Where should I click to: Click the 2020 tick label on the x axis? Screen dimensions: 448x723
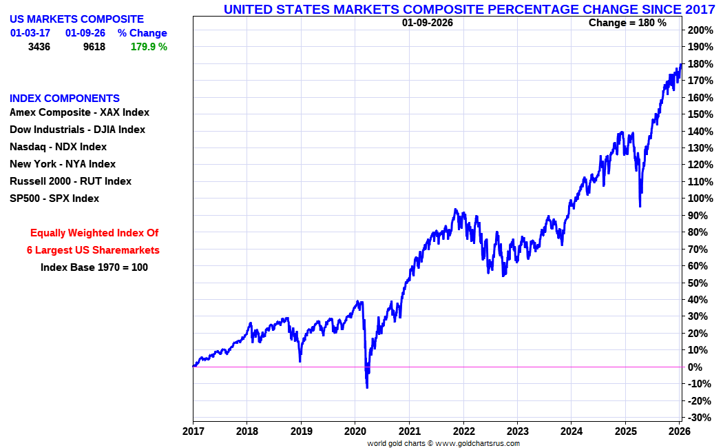point(355,431)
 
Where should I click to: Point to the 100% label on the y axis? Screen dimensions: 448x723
point(699,198)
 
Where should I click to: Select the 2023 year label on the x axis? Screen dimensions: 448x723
point(517,431)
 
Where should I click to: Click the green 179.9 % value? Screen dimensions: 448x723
point(149,47)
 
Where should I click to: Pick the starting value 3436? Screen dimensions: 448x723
point(39,47)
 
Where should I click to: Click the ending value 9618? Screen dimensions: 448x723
point(94,47)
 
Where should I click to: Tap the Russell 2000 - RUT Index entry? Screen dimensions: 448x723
point(70,181)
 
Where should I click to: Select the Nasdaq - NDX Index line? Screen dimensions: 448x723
point(58,147)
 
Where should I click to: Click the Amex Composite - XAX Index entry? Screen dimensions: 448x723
point(79,112)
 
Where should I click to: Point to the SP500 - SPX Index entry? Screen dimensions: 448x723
point(54,198)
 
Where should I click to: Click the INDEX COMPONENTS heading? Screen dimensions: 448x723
point(65,99)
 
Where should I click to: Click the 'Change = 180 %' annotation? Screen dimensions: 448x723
point(627,23)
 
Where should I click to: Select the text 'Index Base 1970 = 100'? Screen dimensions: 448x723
point(94,267)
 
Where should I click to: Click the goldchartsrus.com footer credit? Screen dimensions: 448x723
point(443,443)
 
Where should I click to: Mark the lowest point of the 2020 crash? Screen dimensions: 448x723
point(367,387)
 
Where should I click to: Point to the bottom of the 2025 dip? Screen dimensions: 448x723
point(640,206)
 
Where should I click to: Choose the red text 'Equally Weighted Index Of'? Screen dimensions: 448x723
point(94,233)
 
